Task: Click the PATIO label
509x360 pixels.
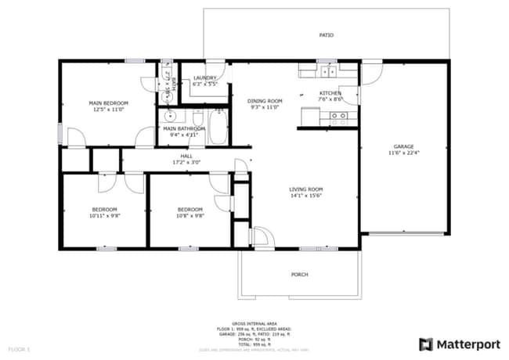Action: [x=326, y=36]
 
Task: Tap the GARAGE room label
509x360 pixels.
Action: [x=403, y=146]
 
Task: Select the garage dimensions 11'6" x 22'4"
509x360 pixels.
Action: [x=403, y=153]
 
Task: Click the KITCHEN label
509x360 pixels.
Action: [x=330, y=93]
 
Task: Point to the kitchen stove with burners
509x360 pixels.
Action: [x=339, y=118]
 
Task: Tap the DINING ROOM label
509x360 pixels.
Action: [x=265, y=101]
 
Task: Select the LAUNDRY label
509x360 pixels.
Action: [x=204, y=78]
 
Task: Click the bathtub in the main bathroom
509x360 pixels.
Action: [x=217, y=128]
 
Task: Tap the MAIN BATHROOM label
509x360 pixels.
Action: [x=184, y=128]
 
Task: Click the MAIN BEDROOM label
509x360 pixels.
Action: [x=108, y=103]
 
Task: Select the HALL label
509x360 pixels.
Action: [x=186, y=157]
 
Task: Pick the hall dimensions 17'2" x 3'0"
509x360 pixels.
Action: [x=186, y=163]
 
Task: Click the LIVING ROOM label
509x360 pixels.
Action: [x=306, y=189]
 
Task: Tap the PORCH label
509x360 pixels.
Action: [x=300, y=275]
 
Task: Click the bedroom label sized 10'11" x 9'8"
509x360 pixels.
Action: [x=104, y=210]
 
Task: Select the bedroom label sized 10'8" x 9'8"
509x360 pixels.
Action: [x=190, y=210]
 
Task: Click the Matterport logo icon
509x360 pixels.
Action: [x=426, y=344]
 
